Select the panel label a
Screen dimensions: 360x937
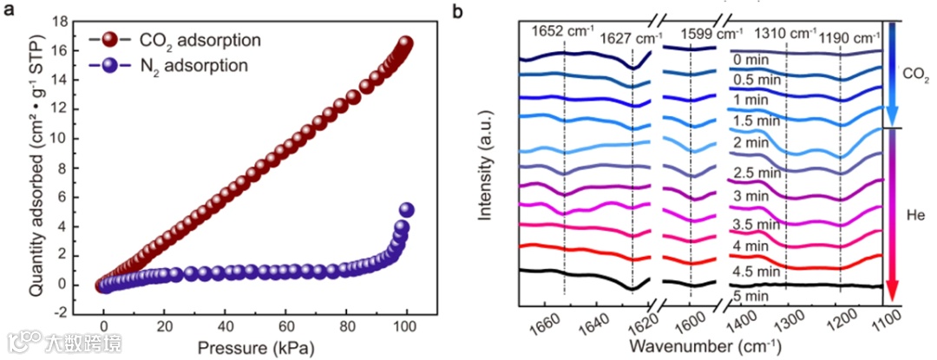point(11,12)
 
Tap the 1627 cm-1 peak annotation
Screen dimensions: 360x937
point(634,37)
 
